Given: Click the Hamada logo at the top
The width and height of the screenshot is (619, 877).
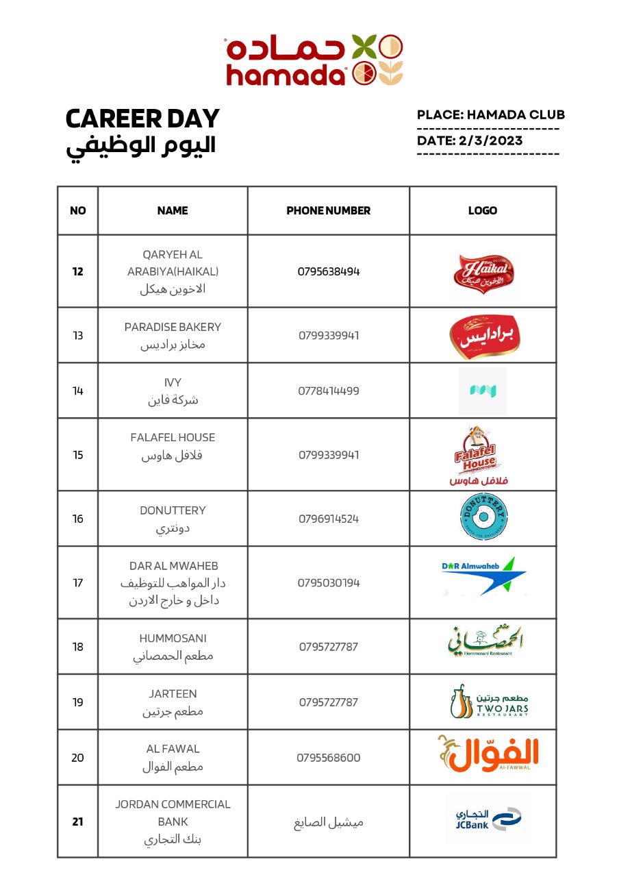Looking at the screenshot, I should (314, 60).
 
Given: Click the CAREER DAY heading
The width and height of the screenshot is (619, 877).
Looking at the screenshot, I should (142, 119).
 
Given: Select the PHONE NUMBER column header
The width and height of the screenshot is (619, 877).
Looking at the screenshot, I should (329, 211).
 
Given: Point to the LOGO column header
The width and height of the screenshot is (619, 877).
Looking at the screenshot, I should (483, 211).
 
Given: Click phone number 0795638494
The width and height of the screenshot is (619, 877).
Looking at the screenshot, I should (329, 271).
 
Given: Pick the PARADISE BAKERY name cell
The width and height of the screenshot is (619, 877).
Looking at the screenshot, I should (173, 336).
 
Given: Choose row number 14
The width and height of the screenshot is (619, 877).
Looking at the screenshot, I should (78, 391).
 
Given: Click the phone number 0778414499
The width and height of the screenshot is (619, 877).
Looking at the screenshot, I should (329, 391).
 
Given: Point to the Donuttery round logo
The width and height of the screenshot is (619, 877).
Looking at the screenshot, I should (483, 518).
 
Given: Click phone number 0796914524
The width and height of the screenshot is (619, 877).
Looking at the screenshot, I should (329, 519).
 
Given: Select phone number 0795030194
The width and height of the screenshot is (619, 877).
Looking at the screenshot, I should (329, 583).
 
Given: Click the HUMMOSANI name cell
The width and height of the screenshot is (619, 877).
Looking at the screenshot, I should (173, 647).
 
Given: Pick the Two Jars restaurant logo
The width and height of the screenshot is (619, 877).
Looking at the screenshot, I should (488, 702).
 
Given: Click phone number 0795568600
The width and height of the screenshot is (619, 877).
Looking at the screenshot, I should (329, 758).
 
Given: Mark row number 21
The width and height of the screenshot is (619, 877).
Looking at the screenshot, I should (78, 822).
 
